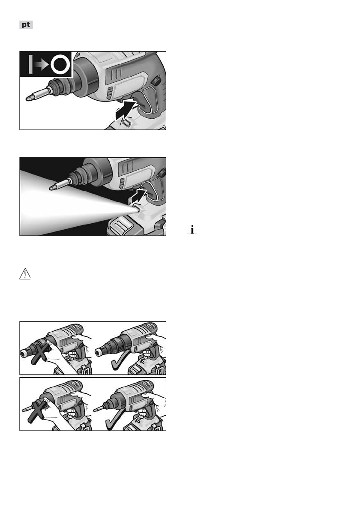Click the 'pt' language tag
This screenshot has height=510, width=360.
[x=26, y=25]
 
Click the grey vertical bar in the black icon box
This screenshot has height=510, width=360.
[x=30, y=64]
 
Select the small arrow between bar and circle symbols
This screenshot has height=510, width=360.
[x=42, y=65]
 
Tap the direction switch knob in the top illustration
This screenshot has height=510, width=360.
[x=156, y=80]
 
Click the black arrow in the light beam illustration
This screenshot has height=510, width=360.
[x=138, y=196]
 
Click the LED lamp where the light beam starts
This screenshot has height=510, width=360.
[x=136, y=208]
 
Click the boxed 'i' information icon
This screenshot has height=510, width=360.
[x=192, y=229]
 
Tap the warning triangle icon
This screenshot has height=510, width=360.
[x=25, y=274]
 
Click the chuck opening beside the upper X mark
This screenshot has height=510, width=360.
[x=24, y=352]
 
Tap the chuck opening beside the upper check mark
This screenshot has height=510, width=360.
[x=98, y=352]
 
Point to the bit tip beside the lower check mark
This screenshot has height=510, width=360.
[x=95, y=410]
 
